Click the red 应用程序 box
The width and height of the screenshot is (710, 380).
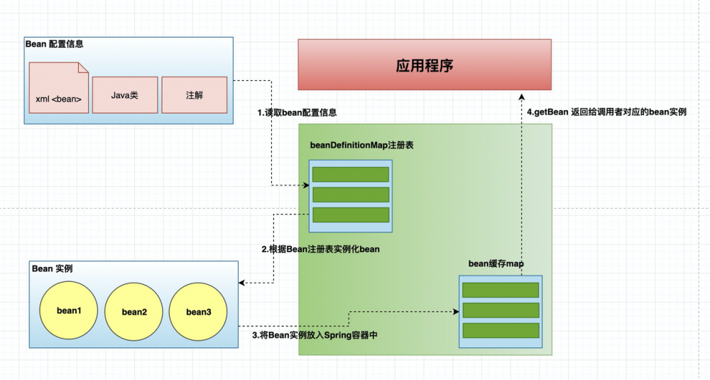coord(424,65)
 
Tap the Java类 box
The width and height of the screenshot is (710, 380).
coord(125,94)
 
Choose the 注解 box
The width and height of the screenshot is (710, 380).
coord(194,94)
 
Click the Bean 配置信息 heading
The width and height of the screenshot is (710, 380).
coord(54,44)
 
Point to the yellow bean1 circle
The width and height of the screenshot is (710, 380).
coord(70,311)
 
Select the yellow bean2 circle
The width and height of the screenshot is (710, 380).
coord(133,312)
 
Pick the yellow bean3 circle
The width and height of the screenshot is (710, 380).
coord(198,311)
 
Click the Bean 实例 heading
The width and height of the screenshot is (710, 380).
coord(53,268)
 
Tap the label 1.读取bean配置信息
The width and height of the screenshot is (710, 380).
coord(297,112)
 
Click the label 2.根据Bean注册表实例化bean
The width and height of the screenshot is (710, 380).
coord(320,249)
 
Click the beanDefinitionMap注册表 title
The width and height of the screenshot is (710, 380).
coord(361,145)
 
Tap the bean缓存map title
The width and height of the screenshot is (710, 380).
coord(496,264)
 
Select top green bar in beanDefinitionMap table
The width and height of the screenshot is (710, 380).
coord(351,175)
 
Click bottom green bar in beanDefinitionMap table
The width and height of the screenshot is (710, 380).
coord(351,215)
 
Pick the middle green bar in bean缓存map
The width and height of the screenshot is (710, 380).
coord(501,310)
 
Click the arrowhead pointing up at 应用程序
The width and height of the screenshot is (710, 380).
coord(522,97)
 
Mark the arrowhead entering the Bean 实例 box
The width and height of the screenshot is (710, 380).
coord(243,283)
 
